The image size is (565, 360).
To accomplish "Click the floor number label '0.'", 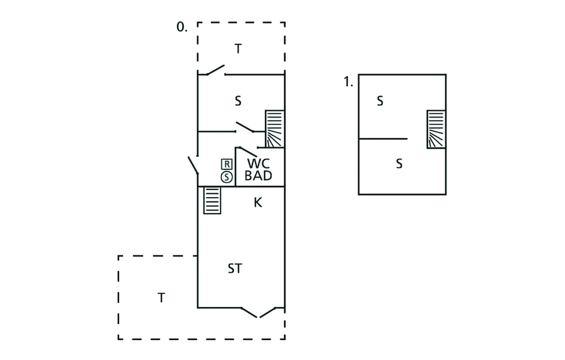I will [x=182, y=27].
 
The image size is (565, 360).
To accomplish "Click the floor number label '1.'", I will [x=348, y=82].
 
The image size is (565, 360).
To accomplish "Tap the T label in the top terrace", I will [x=238, y=49].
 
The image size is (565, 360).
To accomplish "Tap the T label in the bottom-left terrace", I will [x=161, y=298].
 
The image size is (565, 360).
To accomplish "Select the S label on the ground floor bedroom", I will [x=238, y=101].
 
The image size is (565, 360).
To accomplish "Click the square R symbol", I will [x=226, y=164].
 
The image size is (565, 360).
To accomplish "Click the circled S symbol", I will [x=226, y=177].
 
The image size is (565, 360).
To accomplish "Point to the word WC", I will [x=259, y=164].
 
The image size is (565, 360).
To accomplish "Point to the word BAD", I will [x=259, y=176].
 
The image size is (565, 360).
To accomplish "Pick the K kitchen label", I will [x=258, y=203].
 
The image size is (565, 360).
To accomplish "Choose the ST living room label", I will [x=235, y=269].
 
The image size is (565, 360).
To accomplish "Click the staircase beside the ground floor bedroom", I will [x=274, y=129].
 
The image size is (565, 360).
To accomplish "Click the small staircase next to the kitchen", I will [x=212, y=200].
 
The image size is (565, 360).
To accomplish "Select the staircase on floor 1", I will [x=436, y=129].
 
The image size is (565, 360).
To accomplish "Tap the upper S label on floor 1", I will [x=380, y=101].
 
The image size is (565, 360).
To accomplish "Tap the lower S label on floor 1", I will [x=399, y=164].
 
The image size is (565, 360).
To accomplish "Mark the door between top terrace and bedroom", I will [x=212, y=70].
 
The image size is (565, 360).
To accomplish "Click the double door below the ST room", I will [x=259, y=312].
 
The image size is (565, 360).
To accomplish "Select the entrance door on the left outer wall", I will [x=194, y=165].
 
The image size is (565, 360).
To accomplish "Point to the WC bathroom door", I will [x=248, y=151].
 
